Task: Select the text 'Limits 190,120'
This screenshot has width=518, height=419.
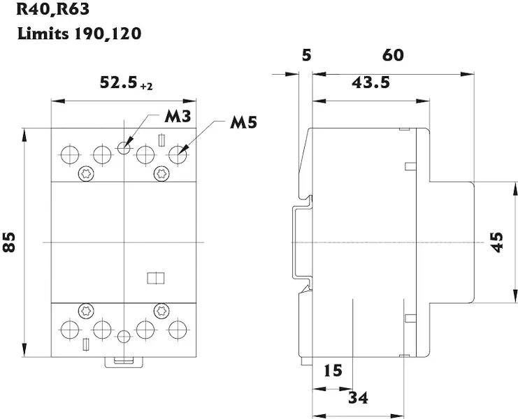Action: tap(79, 33)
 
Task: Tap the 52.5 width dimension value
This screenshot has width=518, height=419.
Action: tap(118, 83)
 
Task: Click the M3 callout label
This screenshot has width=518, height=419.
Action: tap(178, 117)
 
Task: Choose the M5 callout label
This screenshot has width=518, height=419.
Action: tap(244, 123)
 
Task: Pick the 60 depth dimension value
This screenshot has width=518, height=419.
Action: tap(393, 54)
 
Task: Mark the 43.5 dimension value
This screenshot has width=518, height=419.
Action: tap(370, 82)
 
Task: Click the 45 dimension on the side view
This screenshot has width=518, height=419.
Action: tap(496, 242)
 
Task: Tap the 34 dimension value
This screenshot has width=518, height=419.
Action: tap(358, 397)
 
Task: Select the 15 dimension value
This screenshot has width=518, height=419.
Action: tap(333, 371)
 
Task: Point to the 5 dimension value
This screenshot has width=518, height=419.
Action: tap(305, 54)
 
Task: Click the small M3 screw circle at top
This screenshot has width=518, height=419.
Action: tap(124, 147)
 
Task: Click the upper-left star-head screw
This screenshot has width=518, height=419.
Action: tap(87, 172)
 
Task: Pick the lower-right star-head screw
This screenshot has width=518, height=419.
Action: tap(161, 309)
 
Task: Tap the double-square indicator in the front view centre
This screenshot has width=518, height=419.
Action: tap(154, 279)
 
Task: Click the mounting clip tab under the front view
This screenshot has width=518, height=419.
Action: tap(124, 361)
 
